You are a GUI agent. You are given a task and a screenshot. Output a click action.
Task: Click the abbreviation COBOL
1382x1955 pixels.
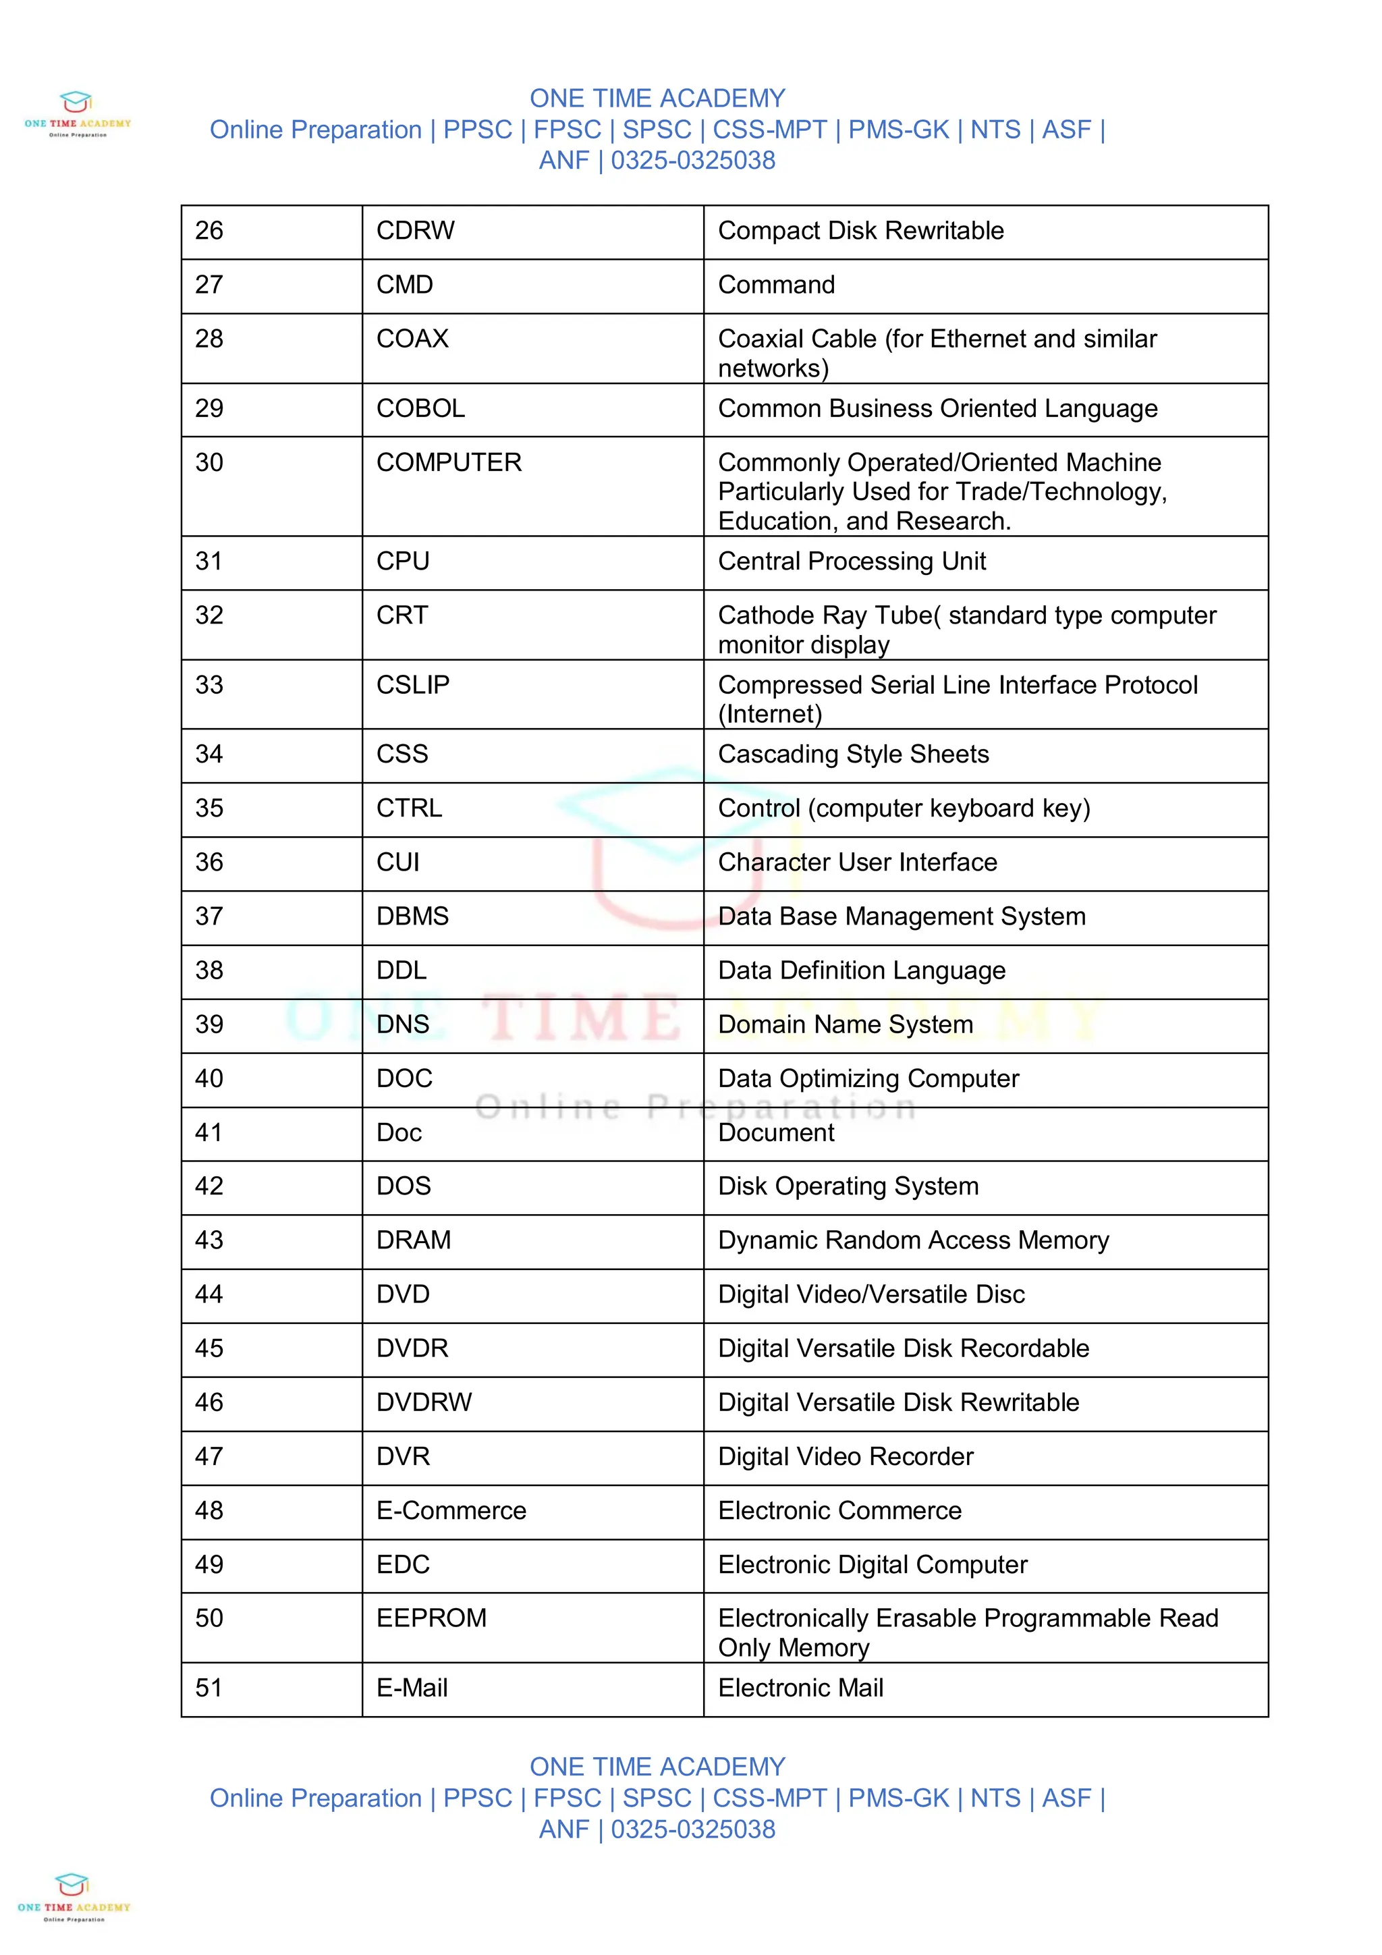420,409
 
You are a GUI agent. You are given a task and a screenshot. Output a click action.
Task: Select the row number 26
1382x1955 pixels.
209,231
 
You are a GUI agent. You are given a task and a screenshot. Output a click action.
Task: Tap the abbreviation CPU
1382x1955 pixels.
402,561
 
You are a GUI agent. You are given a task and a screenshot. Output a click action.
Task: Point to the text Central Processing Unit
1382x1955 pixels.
852,561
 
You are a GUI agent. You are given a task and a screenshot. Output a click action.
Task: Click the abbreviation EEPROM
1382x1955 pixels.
431,1618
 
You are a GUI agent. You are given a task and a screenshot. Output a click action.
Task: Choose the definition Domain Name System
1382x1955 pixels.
845,1024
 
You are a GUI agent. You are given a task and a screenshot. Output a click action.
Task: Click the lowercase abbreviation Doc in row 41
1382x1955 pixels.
399,1132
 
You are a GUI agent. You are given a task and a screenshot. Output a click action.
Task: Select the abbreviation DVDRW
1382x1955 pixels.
423,1402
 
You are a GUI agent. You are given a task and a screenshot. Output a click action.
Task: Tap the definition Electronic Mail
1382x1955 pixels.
800,1688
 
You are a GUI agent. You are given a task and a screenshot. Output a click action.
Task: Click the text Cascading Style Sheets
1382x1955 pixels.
853,754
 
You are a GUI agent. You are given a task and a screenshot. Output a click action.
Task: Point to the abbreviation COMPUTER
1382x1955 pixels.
448,462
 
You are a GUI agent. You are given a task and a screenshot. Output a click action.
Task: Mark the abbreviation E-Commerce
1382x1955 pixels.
451,1510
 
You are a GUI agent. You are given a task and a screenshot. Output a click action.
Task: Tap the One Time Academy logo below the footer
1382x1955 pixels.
74,1896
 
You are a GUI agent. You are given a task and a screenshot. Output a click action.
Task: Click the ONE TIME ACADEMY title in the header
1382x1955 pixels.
657,99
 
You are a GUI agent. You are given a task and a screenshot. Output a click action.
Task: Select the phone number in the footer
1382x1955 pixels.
692,1829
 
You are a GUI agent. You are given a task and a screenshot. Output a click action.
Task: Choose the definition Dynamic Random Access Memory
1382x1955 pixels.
913,1240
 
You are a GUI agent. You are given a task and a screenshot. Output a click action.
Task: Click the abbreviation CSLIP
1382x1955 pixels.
412,684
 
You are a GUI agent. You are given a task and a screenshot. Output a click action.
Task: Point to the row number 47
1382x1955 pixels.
209,1457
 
